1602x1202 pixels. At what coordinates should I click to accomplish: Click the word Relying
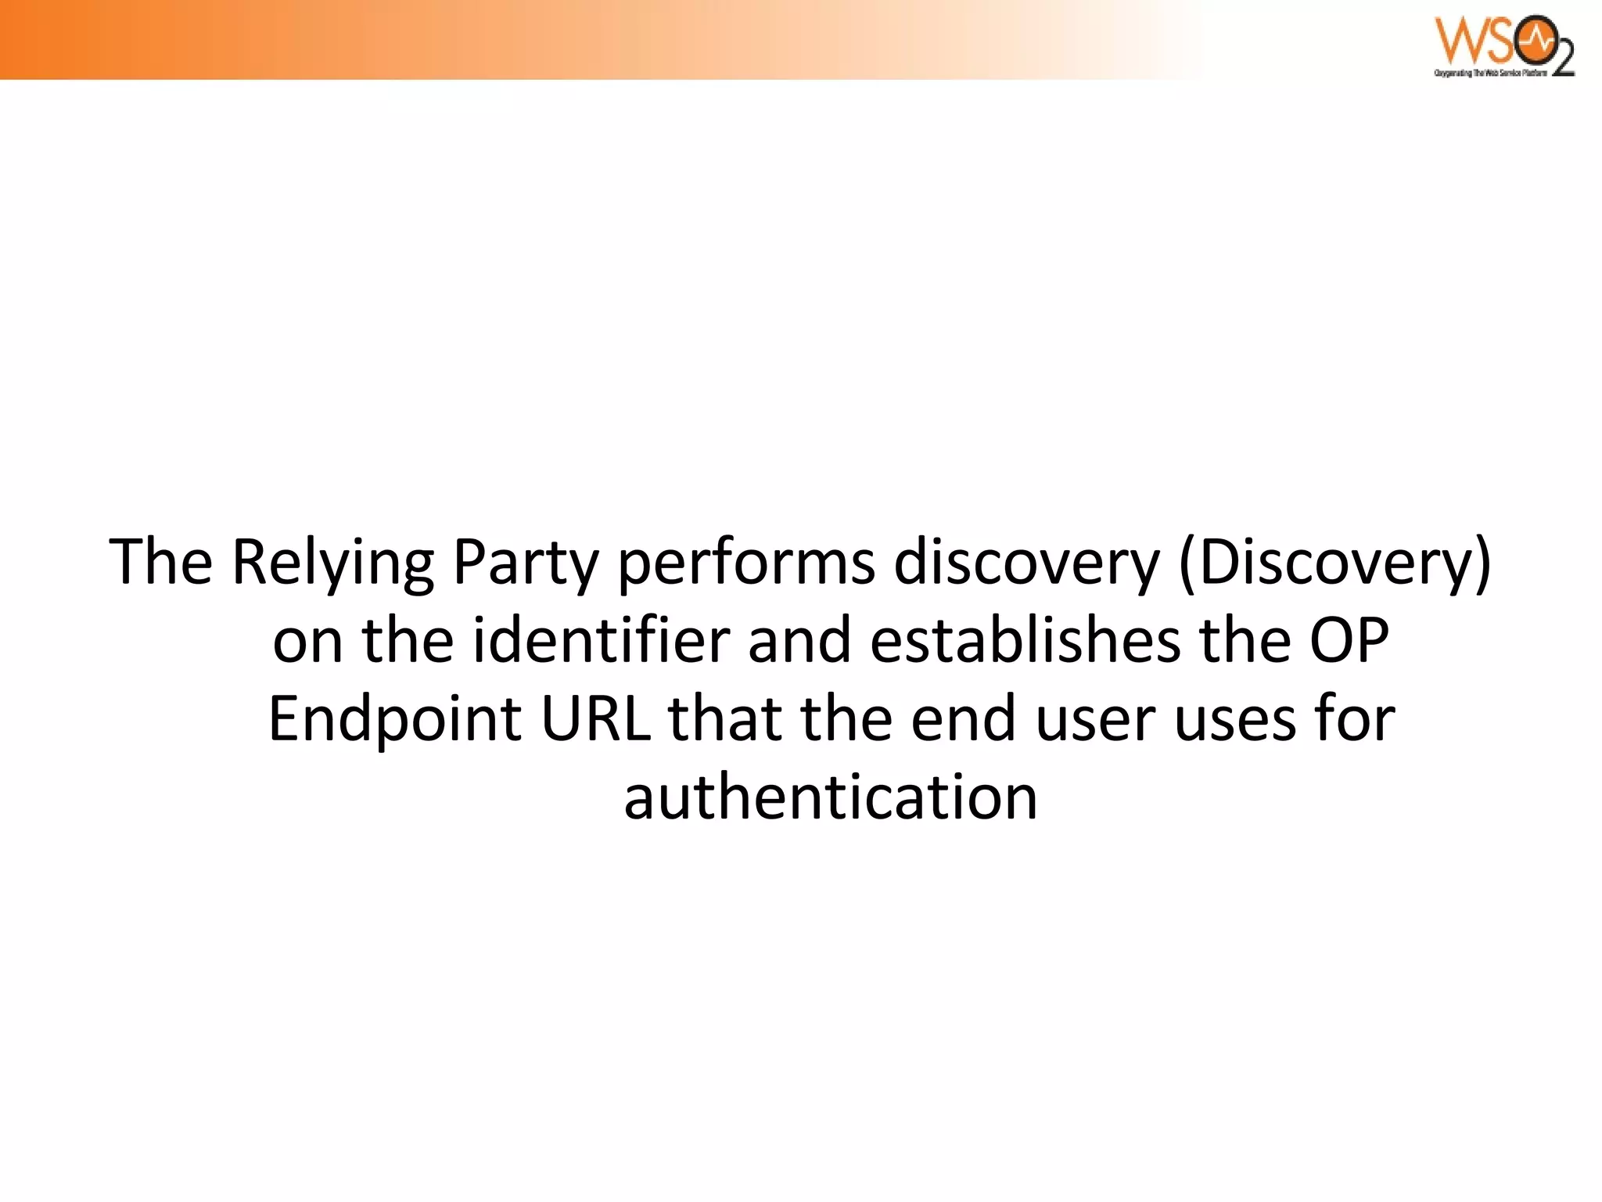332,563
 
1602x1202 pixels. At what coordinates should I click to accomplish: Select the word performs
746,563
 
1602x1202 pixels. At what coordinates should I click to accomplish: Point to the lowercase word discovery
1026,563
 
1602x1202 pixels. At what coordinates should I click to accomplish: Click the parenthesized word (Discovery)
1334,563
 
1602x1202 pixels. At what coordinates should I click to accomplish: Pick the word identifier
600,641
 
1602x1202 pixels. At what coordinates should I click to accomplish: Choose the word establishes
1024,641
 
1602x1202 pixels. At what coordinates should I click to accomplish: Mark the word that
724,719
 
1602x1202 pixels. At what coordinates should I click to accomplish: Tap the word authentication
830,798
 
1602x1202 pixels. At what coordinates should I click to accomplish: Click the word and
799,641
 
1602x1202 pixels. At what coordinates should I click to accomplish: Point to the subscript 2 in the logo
1561,59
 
